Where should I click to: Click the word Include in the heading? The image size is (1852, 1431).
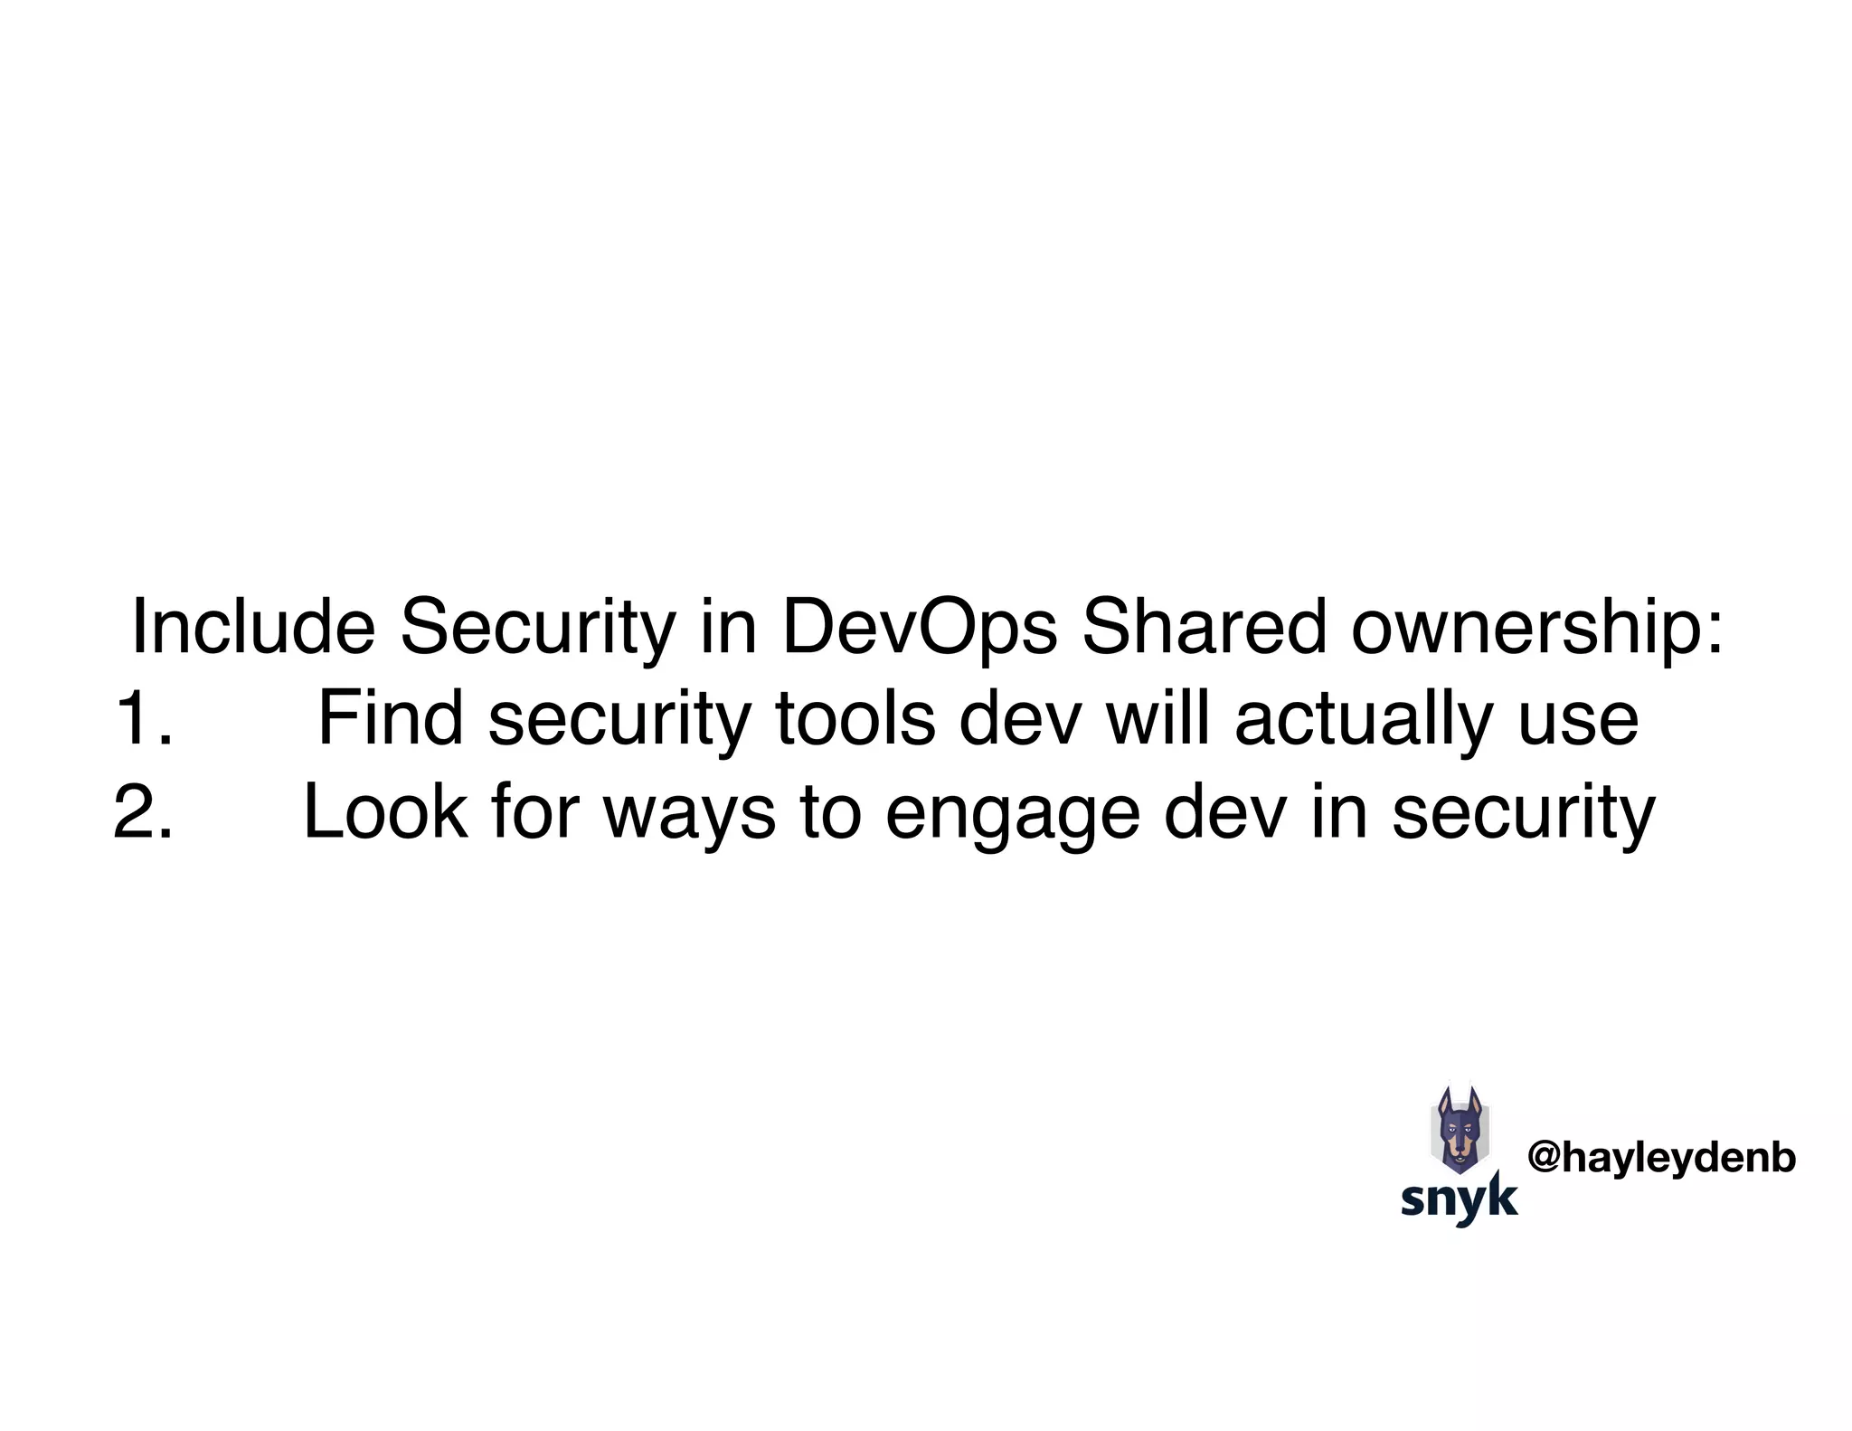[253, 627]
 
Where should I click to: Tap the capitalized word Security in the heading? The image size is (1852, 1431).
[537, 627]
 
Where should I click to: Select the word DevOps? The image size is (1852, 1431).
[919, 627]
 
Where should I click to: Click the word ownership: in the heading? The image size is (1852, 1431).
[1537, 627]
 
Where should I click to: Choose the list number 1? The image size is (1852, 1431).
[144, 720]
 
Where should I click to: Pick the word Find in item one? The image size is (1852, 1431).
[391, 720]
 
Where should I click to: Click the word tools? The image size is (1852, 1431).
[855, 720]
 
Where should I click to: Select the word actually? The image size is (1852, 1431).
[1365, 720]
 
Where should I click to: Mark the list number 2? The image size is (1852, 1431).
[143, 812]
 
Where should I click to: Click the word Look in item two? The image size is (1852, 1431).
[385, 812]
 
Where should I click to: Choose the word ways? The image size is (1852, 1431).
[688, 812]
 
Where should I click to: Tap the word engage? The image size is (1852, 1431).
[1012, 812]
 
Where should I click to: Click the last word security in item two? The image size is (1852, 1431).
[1523, 812]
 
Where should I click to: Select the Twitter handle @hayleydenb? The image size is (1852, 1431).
[1661, 1158]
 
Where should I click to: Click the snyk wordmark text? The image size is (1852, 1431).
[1459, 1198]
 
